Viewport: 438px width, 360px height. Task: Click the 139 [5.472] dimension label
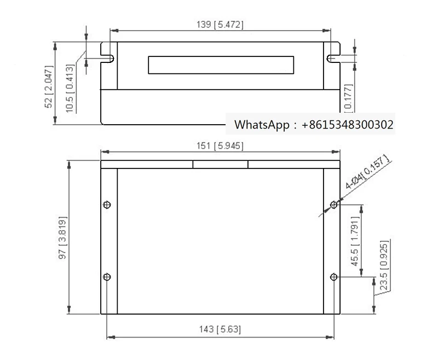tap(220, 25)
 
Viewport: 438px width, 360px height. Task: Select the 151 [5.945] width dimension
tap(220, 146)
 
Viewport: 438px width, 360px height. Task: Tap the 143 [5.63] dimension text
tap(220, 329)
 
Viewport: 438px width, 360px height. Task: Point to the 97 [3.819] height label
tap(63, 237)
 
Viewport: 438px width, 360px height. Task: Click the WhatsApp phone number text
tap(347, 125)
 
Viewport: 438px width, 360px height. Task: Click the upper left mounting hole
tap(107, 205)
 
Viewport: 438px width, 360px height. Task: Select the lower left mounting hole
tap(107, 276)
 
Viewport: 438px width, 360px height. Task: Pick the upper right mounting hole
tap(333, 205)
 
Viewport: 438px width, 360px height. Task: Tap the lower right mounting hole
tap(333, 277)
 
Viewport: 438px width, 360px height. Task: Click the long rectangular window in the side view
tap(221, 65)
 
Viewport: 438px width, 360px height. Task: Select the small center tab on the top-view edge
tap(220, 164)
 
